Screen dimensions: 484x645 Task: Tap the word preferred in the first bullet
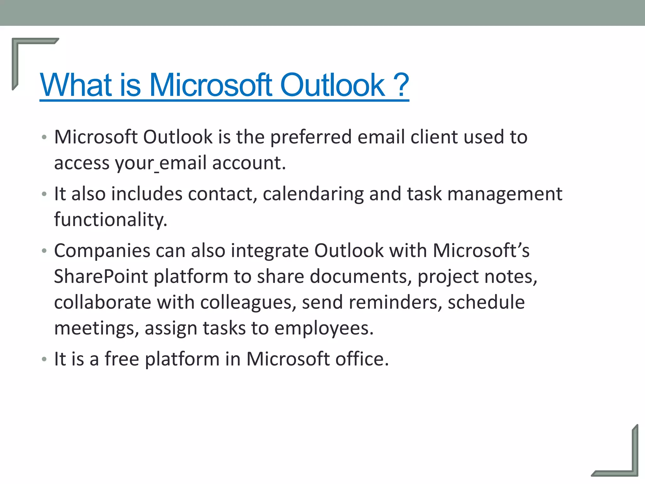pos(311,137)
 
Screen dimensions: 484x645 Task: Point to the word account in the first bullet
pos(248,163)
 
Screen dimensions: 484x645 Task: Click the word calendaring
pos(313,194)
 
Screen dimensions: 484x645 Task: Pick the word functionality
pos(111,220)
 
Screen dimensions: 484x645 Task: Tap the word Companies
pos(102,251)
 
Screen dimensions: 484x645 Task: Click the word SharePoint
pos(101,277)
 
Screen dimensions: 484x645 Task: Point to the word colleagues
pos(248,303)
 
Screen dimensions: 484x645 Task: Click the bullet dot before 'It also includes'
pos(44,194)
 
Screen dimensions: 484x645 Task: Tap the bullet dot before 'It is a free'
pos(44,359)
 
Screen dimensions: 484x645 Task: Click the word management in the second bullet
pos(505,194)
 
